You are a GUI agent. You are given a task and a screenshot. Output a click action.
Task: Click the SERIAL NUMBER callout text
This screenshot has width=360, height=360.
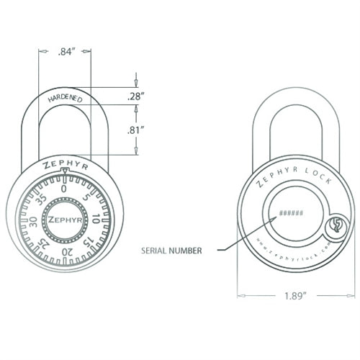[171, 251]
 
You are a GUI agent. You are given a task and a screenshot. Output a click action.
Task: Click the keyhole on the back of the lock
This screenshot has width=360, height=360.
[335, 228]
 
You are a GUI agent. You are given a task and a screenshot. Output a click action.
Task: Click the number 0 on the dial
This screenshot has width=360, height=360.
[64, 188]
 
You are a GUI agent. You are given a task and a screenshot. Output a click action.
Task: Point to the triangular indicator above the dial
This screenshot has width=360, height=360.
[64, 171]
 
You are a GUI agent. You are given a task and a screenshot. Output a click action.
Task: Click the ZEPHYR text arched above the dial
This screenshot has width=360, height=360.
[64, 163]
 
